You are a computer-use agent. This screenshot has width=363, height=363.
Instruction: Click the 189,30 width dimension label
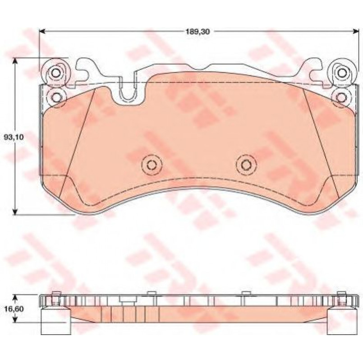pos(198,32)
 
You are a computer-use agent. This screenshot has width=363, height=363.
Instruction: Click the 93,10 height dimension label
pos(14,137)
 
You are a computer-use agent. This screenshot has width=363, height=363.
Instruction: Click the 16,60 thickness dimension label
pos(14,309)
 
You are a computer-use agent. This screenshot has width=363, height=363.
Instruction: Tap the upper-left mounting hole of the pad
pos(56,73)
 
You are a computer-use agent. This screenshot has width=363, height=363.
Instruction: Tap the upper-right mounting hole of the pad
pos(341,73)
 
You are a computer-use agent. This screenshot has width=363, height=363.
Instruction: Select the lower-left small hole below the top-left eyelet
pos(56,97)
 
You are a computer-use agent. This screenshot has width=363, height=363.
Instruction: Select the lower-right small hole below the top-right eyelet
pos(341,97)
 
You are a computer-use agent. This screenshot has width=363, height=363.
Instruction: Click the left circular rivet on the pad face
pos(152,165)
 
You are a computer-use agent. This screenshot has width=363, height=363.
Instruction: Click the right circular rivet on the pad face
pos(246,165)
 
